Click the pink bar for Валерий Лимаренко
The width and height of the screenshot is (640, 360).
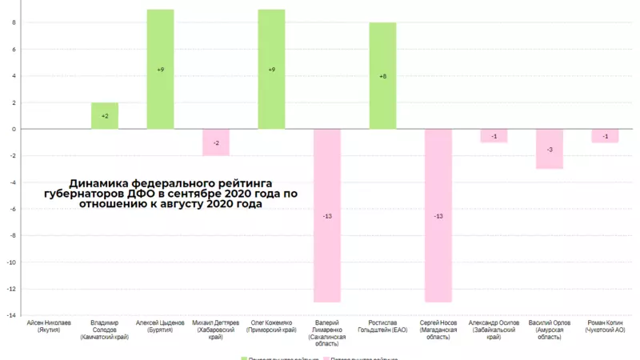327,240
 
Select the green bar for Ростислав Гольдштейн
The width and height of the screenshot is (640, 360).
382,96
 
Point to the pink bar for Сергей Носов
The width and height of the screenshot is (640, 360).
438,240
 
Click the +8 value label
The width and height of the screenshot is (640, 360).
382,76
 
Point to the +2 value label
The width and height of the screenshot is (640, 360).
105,116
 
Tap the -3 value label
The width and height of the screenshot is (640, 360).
550,150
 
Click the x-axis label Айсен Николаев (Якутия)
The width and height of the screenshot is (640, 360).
49,326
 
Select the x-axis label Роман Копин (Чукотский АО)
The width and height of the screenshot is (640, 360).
605,326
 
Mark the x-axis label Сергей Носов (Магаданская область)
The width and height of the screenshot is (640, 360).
438,330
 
